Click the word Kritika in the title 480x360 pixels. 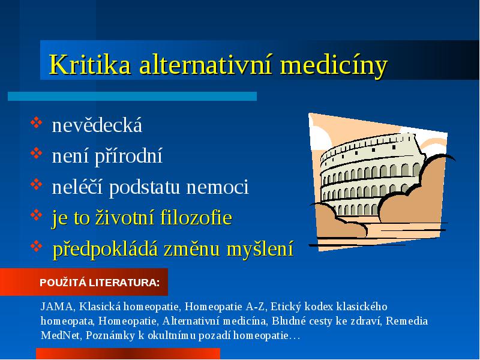pos(90,64)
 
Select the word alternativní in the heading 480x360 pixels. pos(205,64)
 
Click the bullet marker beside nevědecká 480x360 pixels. pos(37,122)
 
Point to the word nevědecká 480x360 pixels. pos(97,125)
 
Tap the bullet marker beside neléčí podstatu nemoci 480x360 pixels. pos(37,184)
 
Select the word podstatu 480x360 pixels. pos(144,187)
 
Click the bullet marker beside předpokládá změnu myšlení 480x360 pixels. pos(37,246)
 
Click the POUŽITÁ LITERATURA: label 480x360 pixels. pos(100,282)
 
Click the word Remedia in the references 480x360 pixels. pos(407,321)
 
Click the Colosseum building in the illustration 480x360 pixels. pos(370,175)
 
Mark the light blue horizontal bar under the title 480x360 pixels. pos(132,96)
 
